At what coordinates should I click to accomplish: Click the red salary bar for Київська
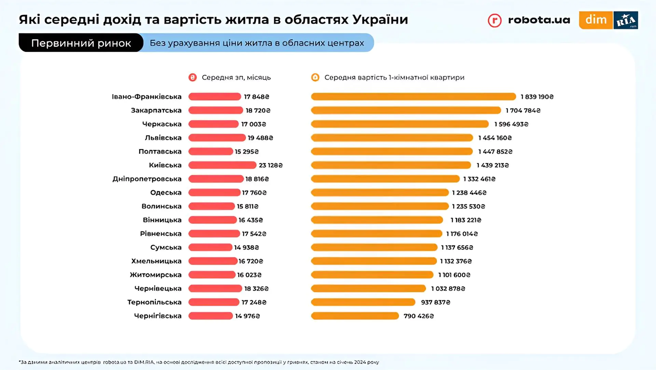tap(222, 165)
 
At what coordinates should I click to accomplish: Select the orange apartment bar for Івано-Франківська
tap(413, 97)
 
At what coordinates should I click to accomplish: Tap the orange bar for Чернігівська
tap(355, 316)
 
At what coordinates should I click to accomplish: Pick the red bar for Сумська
tap(210, 247)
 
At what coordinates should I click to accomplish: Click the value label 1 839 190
tap(537, 97)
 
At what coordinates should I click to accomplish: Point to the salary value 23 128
tap(271, 165)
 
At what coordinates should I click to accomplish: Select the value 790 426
tap(419, 316)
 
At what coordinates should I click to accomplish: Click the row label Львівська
tap(163, 138)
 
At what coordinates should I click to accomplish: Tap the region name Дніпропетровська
tap(147, 179)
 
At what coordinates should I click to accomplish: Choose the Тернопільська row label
tap(154, 302)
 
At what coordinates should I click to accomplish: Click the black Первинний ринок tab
tap(81, 43)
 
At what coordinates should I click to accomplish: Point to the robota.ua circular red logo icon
tap(494, 21)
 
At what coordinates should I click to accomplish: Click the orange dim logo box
tap(596, 20)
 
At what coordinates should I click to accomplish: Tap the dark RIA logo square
tap(626, 20)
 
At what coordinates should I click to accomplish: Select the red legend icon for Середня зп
tap(193, 77)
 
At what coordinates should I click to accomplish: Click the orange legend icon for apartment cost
tap(315, 77)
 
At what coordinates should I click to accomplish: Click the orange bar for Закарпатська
tap(406, 110)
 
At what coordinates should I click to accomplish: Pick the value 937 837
tap(435, 302)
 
